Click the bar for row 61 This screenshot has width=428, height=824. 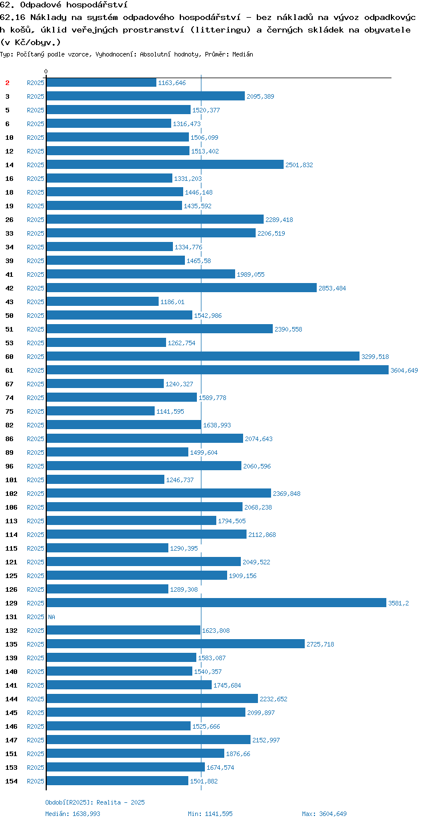[217, 370]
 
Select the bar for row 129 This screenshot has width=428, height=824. [216, 603]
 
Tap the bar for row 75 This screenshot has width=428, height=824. [100, 411]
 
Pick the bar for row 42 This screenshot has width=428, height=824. [181, 288]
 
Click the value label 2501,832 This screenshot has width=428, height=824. [299, 165]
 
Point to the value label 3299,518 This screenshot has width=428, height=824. [375, 357]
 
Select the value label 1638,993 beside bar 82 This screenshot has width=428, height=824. [217, 425]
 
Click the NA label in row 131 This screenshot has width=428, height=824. [51, 616]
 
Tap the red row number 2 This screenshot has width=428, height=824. [7, 83]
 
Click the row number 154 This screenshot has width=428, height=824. [11, 781]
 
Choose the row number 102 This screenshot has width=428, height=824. [11, 493]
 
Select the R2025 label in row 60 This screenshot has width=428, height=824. [35, 357]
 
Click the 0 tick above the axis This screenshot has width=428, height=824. [46, 71]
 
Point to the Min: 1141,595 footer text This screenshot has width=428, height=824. [210, 814]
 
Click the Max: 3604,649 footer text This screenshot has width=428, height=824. [324, 814]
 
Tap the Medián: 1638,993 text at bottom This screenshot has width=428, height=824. [72, 814]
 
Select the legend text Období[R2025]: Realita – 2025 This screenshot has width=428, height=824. [95, 802]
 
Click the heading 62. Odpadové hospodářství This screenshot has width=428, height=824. [64, 5]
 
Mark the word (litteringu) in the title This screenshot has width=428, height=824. [220, 30]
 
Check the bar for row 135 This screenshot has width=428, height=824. [176, 644]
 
